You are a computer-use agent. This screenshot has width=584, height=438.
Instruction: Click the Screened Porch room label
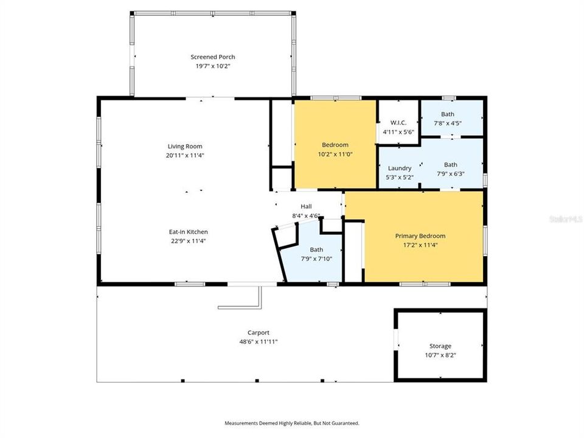tap(212, 57)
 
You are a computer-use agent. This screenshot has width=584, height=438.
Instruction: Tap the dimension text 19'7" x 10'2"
tap(212, 66)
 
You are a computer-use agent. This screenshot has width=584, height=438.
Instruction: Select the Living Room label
tap(185, 146)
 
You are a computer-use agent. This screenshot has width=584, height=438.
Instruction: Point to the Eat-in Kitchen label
tap(189, 232)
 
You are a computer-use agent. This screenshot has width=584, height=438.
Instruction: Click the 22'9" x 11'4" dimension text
tap(189, 241)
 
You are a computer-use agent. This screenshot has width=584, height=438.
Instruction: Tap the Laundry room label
tap(399, 168)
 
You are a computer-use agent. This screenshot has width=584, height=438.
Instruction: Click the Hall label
tap(306, 207)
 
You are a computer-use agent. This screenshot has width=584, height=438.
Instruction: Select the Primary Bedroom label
tap(420, 236)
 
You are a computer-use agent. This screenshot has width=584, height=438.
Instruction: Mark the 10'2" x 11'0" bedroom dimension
tap(335, 154)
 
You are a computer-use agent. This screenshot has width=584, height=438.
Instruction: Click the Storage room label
tap(440, 346)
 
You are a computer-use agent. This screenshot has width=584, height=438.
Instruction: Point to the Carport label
tap(258, 333)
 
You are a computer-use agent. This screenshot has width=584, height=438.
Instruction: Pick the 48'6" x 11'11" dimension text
tap(258, 342)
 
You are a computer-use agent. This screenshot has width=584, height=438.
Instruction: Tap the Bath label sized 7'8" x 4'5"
tap(448, 114)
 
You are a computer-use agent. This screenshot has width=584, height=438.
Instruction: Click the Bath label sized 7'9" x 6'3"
tap(450, 164)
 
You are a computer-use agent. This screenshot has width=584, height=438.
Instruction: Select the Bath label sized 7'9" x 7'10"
tap(316, 249)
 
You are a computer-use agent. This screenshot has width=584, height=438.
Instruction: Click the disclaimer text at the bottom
tap(292, 423)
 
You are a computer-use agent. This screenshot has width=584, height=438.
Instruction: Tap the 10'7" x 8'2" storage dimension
tap(440, 355)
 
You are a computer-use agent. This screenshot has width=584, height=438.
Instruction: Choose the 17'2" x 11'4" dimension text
tap(420, 245)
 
